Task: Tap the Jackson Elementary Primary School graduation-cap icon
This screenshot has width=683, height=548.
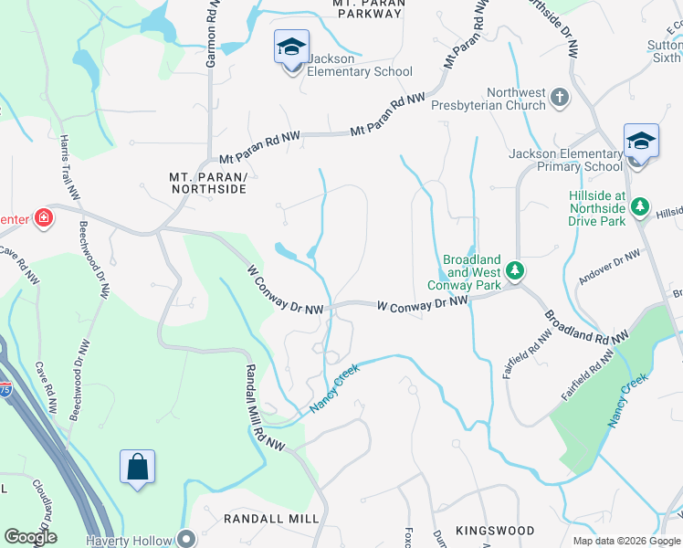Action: [641, 141]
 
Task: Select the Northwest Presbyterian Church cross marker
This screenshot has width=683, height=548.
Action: [561, 95]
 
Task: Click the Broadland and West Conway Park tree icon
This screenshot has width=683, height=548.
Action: [515, 269]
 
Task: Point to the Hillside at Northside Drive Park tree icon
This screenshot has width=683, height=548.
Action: [642, 205]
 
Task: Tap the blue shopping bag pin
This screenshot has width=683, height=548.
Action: [137, 467]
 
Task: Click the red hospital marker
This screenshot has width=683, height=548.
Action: [42, 217]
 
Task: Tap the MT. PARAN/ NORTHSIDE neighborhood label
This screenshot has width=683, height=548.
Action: [208, 182]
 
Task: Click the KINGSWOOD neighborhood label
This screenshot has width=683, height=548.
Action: [495, 531]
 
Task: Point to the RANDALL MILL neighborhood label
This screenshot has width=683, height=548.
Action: [271, 518]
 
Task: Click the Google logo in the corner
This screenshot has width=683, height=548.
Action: [29, 537]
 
